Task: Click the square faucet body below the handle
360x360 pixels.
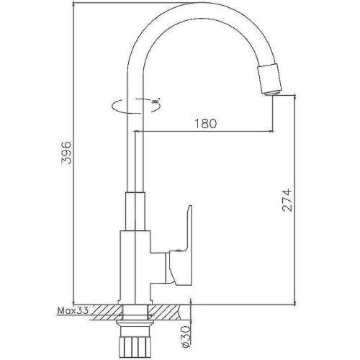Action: (134, 266)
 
